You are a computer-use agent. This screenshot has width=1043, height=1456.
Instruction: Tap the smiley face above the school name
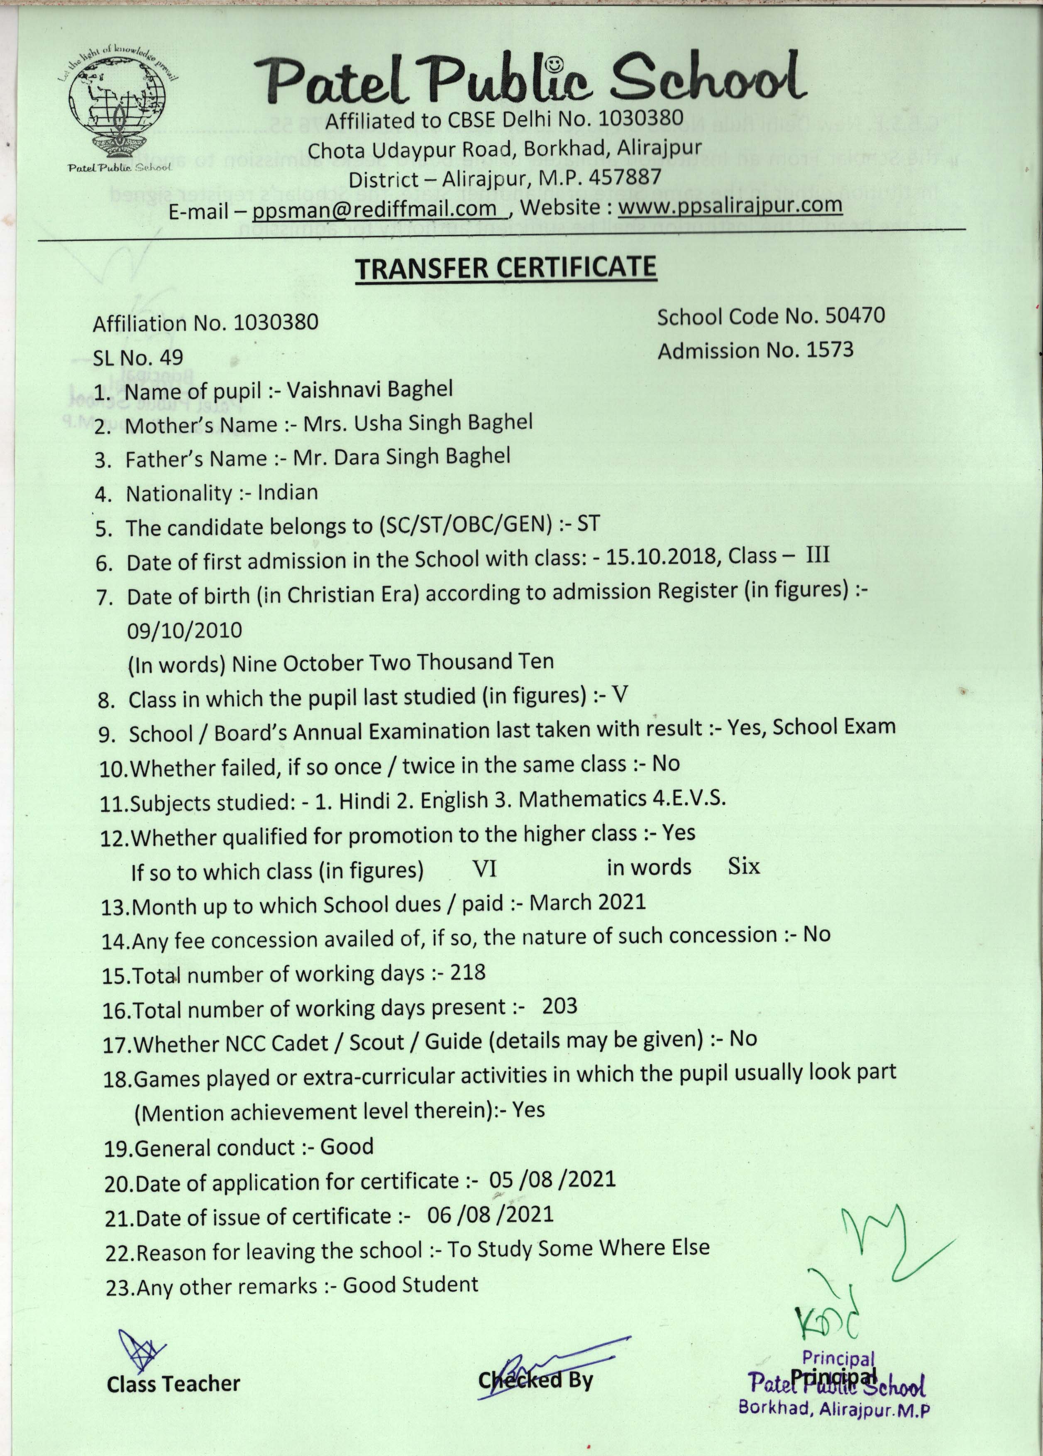pos(554,64)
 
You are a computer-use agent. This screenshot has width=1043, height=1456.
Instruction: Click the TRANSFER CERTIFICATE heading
pos(506,268)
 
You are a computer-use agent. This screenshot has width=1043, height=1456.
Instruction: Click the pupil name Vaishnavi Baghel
pos(370,389)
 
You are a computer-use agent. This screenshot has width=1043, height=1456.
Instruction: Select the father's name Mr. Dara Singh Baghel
pos(401,457)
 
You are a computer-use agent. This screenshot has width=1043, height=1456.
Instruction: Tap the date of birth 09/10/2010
pos(184,630)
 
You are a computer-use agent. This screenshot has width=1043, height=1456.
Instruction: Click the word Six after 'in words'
pos(744,867)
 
